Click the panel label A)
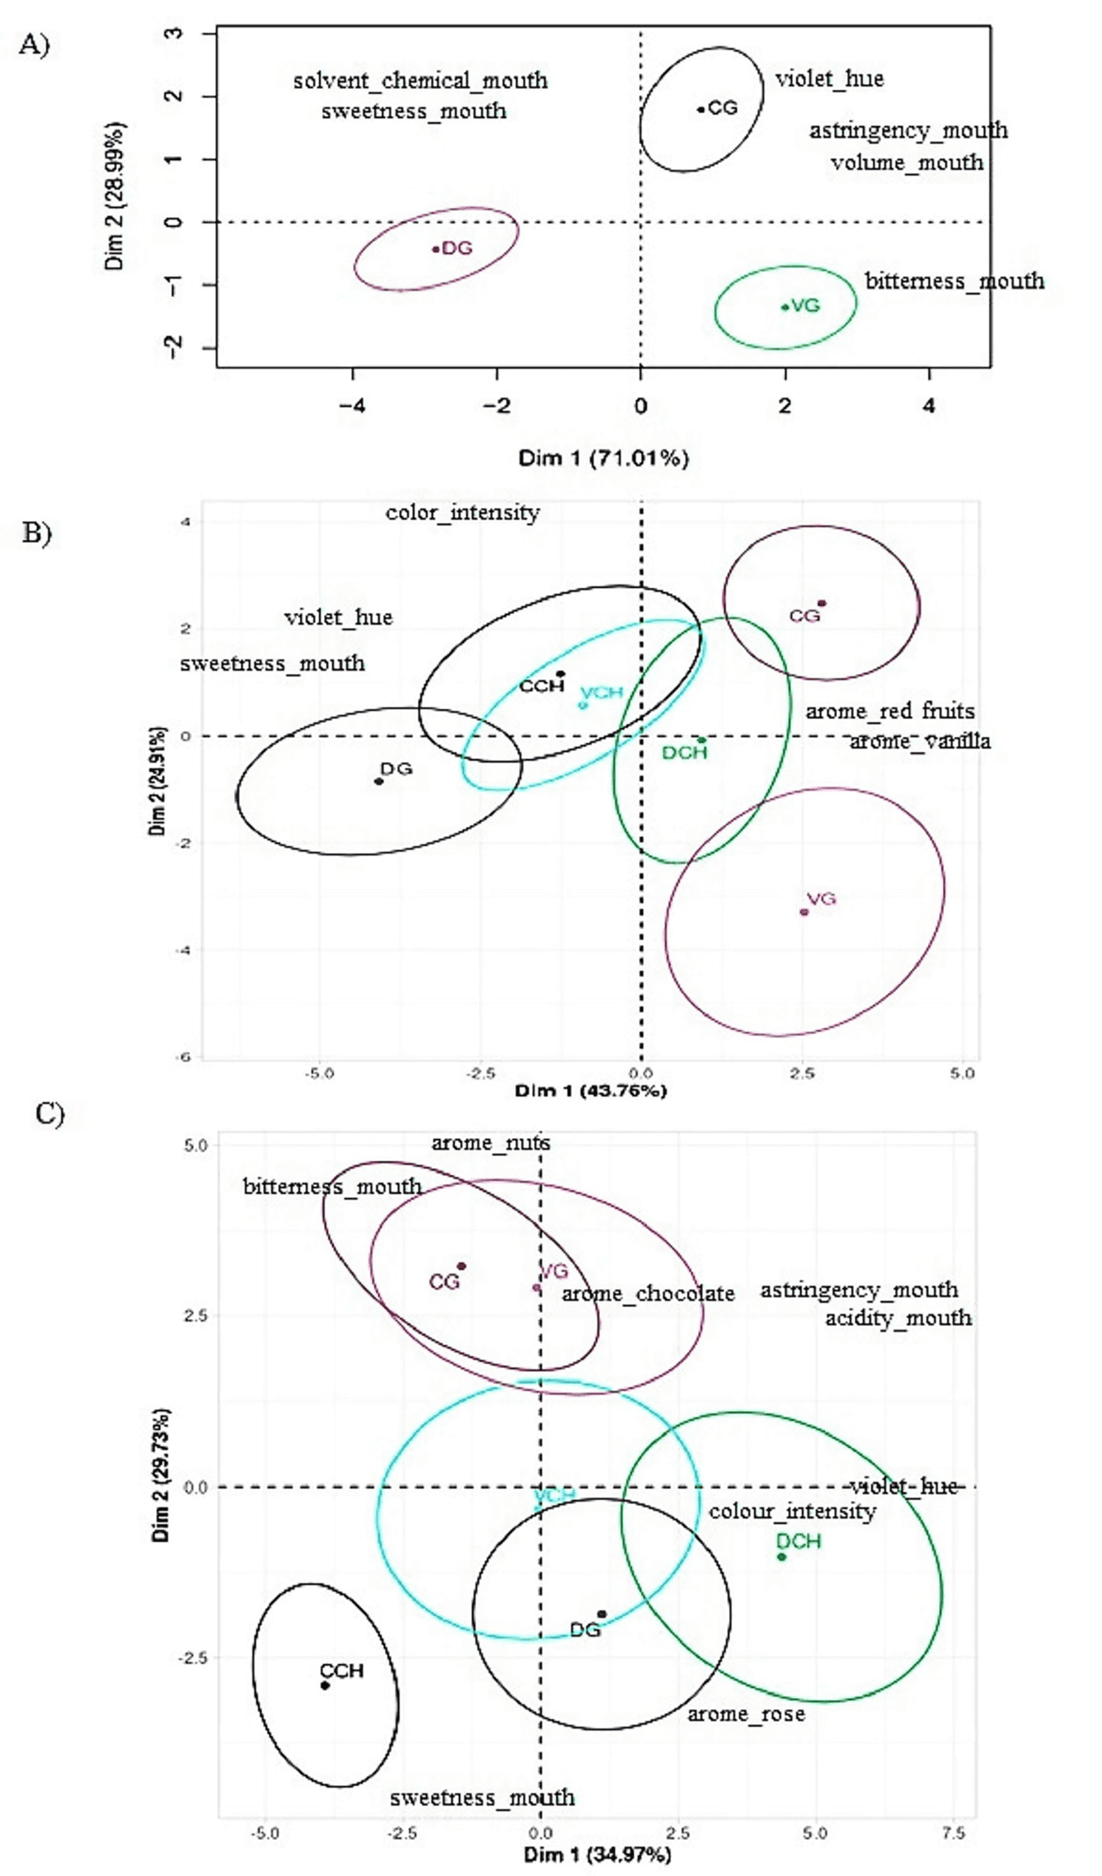click(34, 44)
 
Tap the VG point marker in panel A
click(785, 307)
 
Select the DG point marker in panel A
click(435, 249)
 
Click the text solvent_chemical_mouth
click(420, 81)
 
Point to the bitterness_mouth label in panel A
click(954, 281)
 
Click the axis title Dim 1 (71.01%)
click(603, 458)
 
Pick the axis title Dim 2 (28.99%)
click(115, 196)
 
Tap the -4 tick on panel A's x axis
click(352, 406)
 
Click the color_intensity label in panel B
click(462, 513)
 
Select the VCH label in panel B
click(602, 693)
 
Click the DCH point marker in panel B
click(701, 741)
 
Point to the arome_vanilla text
click(920, 741)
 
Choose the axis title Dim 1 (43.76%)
click(590, 1091)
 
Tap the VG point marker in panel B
click(804, 912)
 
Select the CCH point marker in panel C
click(325, 1686)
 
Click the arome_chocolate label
click(648, 1294)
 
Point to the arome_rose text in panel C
click(746, 1714)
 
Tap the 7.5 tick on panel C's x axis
click(953, 1832)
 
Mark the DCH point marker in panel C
click(781, 1557)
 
